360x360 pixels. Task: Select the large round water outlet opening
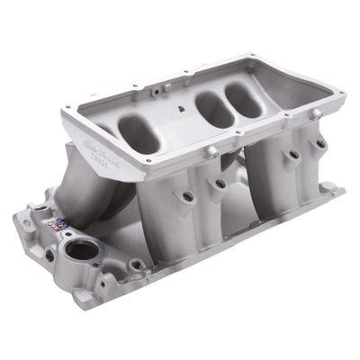coord(82,250)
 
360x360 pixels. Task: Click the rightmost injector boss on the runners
coord(318,144)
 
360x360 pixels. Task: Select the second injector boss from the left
coord(218,184)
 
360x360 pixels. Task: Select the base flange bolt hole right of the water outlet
coord(136,265)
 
